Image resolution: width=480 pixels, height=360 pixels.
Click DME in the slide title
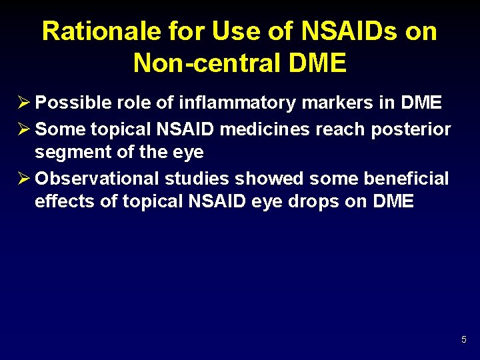pyautogui.click(x=319, y=63)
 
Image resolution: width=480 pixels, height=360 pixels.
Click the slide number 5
pyautogui.click(x=463, y=341)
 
